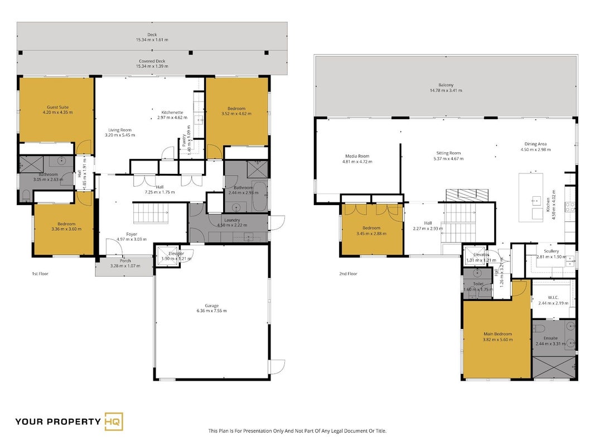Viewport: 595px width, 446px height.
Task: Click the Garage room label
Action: pyautogui.click(x=212, y=306)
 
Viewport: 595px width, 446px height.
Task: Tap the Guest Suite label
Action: pyautogui.click(x=57, y=108)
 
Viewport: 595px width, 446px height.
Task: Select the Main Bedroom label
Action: pyautogui.click(x=497, y=334)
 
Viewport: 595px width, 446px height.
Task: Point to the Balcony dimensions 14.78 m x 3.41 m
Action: pyautogui.click(x=446, y=91)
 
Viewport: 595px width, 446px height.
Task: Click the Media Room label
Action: pyautogui.click(x=357, y=156)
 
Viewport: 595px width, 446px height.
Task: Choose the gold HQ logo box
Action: pyautogui.click(x=114, y=421)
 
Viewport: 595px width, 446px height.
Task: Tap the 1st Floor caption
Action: pyautogui.click(x=40, y=273)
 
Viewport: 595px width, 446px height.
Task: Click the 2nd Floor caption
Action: pyautogui.click(x=348, y=273)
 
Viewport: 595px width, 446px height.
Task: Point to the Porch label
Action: pyautogui.click(x=125, y=261)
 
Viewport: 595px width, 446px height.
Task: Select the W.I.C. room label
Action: pyautogui.click(x=553, y=298)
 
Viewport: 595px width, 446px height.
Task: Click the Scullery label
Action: pyautogui.click(x=552, y=251)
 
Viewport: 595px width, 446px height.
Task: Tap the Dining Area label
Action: pyautogui.click(x=535, y=144)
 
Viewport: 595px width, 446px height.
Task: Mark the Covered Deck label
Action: pyautogui.click(x=152, y=61)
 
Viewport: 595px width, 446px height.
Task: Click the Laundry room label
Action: pyautogui.click(x=232, y=220)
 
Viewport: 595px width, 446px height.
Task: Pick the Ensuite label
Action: pyautogui.click(x=550, y=338)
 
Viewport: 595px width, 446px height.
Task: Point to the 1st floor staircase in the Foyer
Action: pyautogui.click(x=150, y=213)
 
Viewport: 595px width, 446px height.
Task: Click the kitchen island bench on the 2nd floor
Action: pyautogui.click(x=531, y=197)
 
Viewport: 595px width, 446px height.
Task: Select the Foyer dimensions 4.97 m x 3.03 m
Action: pyautogui.click(x=131, y=239)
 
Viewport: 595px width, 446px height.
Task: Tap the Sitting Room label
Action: pyautogui.click(x=448, y=153)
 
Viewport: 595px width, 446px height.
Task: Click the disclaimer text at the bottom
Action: pyautogui.click(x=297, y=431)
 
